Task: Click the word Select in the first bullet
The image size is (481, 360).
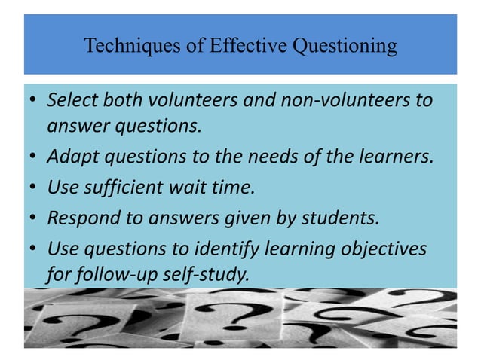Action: [x=69, y=99]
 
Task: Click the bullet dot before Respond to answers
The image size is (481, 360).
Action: [x=34, y=218]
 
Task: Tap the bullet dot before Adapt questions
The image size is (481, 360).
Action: [x=34, y=158]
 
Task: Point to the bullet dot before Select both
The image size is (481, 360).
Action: [x=34, y=100]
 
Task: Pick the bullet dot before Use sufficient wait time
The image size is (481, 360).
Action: [x=34, y=188]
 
